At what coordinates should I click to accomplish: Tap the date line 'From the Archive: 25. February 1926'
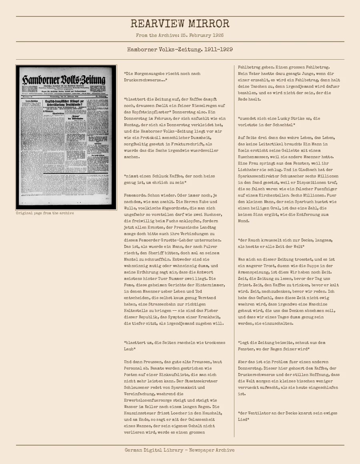pyautogui.click(x=180, y=35)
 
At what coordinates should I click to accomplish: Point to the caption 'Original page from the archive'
pyautogui.click(x=45, y=213)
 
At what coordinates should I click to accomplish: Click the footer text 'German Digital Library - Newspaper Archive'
pyautogui.click(x=180, y=450)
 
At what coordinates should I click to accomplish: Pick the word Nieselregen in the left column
pyautogui.click(x=200, y=106)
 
